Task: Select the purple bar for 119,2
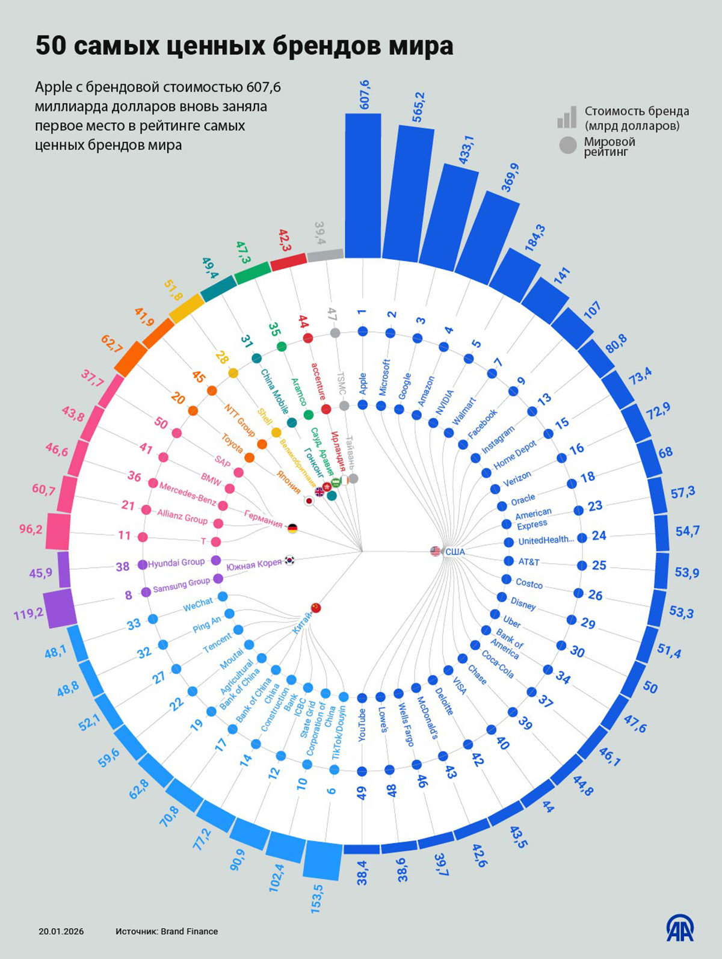click(x=59, y=608)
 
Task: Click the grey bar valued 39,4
click(x=325, y=255)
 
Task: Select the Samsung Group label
click(x=181, y=584)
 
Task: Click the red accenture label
click(x=319, y=381)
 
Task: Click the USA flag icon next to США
click(x=436, y=550)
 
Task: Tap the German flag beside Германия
click(x=292, y=528)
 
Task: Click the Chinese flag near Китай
click(x=316, y=608)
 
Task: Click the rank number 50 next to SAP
click(x=161, y=423)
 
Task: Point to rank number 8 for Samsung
click(x=128, y=596)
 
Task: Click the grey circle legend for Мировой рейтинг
click(x=567, y=146)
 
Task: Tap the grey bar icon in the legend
click(x=566, y=118)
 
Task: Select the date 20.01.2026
click(x=61, y=931)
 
